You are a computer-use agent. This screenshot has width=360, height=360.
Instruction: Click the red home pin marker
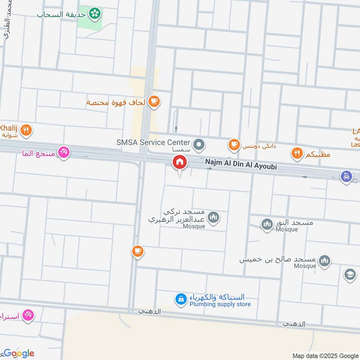pos(180,162)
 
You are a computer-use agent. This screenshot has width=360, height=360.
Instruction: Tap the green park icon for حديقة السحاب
pos(94,14)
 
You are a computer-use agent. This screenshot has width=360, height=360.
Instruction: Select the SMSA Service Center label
pos(153,142)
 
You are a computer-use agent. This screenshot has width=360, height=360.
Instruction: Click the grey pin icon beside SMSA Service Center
pos(200,145)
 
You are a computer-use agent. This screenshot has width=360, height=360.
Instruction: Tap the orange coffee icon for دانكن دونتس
pos(234,144)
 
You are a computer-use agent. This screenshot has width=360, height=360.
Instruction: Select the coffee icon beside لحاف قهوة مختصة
pos(154,102)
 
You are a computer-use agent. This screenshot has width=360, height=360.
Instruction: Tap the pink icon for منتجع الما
pos(64,153)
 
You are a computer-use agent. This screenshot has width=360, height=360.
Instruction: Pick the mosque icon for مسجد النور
pos(267,224)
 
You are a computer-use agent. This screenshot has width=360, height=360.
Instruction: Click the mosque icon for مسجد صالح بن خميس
pos(324,260)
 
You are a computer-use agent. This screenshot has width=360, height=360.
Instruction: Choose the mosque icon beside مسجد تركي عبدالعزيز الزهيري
pos(214,218)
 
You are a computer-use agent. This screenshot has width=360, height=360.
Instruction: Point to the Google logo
pos(19,353)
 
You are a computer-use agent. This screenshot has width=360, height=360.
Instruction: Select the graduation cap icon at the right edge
pos(350,274)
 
